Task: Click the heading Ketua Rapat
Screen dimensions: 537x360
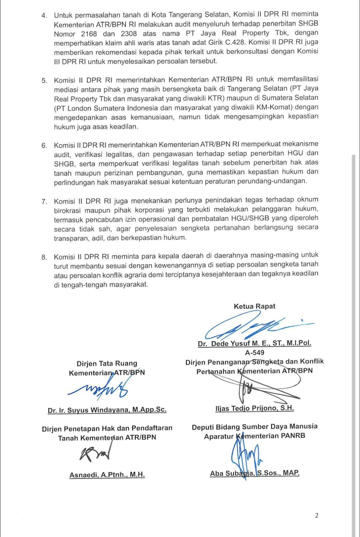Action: click(254, 306)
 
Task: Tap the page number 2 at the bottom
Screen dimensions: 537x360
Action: click(317, 516)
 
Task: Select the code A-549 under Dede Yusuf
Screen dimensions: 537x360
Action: click(255, 352)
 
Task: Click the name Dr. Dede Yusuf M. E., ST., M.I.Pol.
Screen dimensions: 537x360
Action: click(254, 343)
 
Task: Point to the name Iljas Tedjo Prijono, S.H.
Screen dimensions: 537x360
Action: click(254, 408)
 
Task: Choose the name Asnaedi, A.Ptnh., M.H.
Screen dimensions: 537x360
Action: click(107, 475)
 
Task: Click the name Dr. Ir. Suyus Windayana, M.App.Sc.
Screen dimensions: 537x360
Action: click(107, 410)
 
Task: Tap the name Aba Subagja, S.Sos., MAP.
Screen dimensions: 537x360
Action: click(254, 473)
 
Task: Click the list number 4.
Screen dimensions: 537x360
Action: click(44, 15)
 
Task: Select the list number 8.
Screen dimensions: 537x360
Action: click(44, 257)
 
